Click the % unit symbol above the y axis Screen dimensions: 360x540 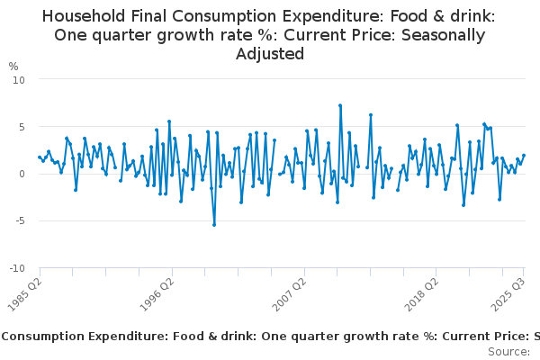pos(13,67)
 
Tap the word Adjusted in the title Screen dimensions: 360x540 pos(270,54)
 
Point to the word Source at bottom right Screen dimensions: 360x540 pos(508,351)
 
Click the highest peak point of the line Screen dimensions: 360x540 pos(340,105)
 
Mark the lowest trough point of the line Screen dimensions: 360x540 pos(214,225)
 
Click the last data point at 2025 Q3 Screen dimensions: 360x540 pos(524,156)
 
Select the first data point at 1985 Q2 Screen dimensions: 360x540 pos(40,157)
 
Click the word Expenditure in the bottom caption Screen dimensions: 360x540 pos(117,336)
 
